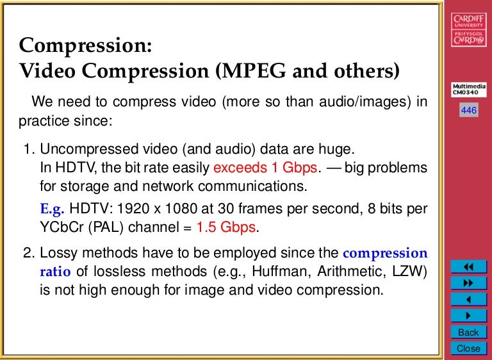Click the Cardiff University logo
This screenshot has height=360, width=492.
pyautogui.click(x=469, y=30)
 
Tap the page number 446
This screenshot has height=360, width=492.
pyautogui.click(x=469, y=111)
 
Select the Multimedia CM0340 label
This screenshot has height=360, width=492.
pyautogui.click(x=469, y=90)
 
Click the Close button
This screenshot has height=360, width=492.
pyautogui.click(x=468, y=348)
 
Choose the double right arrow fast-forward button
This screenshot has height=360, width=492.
pyautogui.click(x=468, y=282)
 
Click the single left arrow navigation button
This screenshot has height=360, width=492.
pyautogui.click(x=468, y=299)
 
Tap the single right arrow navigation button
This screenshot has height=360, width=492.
pyautogui.click(x=468, y=315)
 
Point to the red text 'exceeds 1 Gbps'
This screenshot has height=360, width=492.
pyautogui.click(x=265, y=168)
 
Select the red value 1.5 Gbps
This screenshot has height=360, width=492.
pyautogui.click(x=226, y=227)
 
